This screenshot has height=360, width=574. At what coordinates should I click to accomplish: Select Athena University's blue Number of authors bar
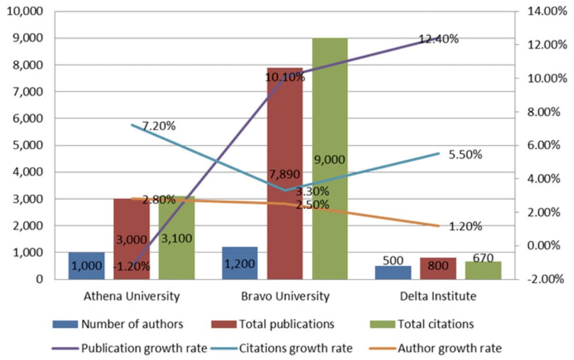pyautogui.click(x=86, y=266)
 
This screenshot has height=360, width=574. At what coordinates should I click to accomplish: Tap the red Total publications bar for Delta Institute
pyautogui.click(x=438, y=269)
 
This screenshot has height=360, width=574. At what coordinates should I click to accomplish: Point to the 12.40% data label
pyautogui.click(x=439, y=39)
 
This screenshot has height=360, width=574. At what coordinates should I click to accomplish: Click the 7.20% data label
pyautogui.click(x=159, y=126)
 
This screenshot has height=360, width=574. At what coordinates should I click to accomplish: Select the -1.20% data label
pyautogui.click(x=132, y=266)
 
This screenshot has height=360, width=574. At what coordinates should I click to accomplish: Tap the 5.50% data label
pyautogui.click(x=465, y=155)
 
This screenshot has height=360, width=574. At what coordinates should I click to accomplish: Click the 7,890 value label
pyautogui.click(x=285, y=174)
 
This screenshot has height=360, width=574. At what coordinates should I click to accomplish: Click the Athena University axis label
pyautogui.click(x=132, y=296)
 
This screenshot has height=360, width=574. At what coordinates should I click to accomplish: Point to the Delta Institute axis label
pyautogui.click(x=438, y=296)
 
